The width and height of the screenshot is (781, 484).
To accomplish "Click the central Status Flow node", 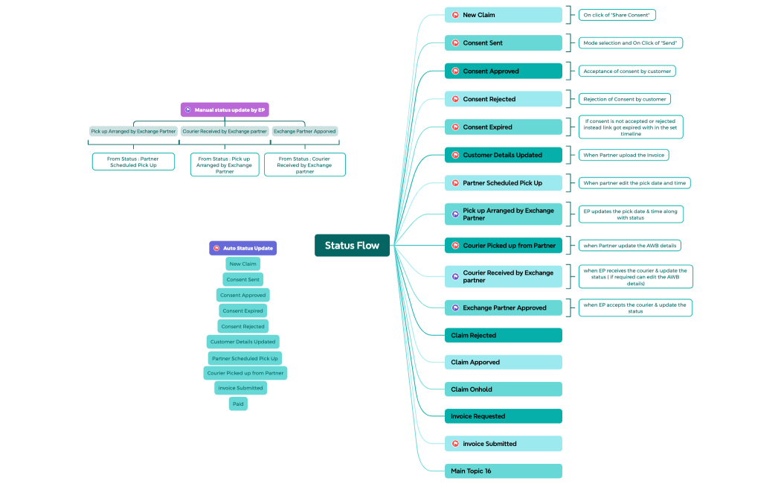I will coord(352,246).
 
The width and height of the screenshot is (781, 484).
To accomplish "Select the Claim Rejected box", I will coord(503,335).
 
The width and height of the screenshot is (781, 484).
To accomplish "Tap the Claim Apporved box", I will coord(503,362).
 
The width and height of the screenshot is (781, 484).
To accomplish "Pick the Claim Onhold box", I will coord(503,389).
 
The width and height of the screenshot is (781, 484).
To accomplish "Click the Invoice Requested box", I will coord(503,416).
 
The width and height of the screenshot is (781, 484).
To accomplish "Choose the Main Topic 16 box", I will coord(503,471).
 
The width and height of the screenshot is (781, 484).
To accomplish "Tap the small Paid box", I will coord(238,404).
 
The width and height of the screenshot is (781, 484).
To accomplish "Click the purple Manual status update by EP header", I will coord(225,109).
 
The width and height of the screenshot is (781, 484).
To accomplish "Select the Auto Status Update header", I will coord(242,248).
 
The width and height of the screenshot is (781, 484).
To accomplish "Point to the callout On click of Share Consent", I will coord(617,15).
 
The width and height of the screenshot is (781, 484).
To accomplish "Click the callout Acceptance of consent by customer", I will coord(627,71).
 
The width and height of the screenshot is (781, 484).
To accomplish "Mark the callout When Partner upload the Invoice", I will coord(624,155).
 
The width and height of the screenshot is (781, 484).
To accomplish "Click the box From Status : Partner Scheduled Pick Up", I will coord(133,162).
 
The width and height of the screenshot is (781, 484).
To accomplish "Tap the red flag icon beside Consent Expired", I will coord(455,127).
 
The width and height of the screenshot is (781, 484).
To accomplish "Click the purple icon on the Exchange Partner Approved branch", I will coord(455,308).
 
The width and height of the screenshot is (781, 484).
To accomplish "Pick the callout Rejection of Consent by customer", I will coord(624,99).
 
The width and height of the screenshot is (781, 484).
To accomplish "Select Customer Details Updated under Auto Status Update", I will coord(243,342).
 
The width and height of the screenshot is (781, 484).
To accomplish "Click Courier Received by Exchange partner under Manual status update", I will coord(225,131).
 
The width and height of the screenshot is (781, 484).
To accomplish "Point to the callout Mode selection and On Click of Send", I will coord(630,43).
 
